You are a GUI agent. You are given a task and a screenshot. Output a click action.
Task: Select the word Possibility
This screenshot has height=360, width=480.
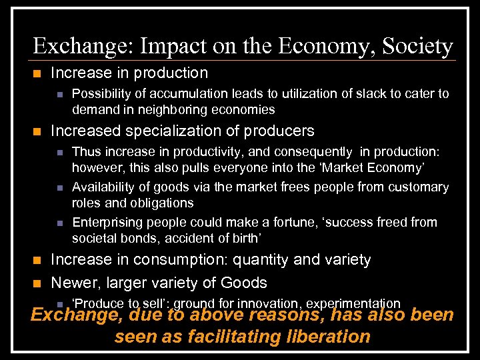pos(103,94)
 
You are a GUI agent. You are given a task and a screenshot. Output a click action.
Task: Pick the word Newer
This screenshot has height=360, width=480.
pos(71,283)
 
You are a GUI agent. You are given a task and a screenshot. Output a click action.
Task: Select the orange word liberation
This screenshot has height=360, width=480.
pos(327,337)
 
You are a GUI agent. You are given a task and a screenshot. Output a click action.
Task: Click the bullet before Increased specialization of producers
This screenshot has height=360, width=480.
pos(37,131)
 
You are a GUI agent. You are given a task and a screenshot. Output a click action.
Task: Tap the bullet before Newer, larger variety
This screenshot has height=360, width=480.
pos(37,283)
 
